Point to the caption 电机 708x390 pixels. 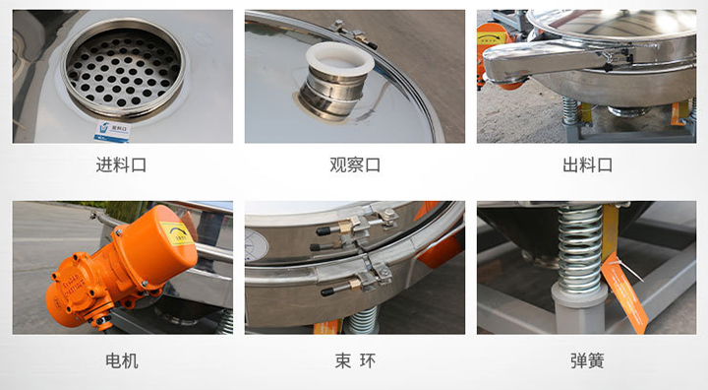(x=122, y=360)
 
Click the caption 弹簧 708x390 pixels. (x=587, y=360)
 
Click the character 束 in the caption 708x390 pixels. (x=341, y=360)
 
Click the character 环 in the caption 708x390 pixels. (x=368, y=360)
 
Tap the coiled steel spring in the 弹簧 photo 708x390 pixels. (x=579, y=250)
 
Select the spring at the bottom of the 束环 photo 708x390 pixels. (x=362, y=321)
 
